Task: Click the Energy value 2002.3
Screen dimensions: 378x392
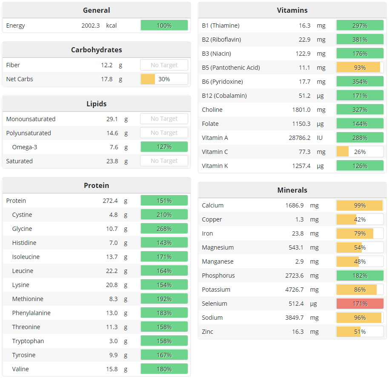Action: [91, 26]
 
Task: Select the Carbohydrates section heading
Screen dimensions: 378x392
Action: [96, 50]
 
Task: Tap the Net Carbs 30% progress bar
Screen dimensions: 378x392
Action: [164, 79]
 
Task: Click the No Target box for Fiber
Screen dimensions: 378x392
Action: [164, 65]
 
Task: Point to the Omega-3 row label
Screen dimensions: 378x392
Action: [24, 147]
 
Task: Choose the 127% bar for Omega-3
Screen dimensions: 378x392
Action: [164, 147]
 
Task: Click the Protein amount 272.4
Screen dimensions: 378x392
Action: [110, 201]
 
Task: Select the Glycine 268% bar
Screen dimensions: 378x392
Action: [164, 229]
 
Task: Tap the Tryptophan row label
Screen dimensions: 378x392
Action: [28, 341]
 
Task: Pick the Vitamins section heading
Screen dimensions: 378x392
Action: [292, 10]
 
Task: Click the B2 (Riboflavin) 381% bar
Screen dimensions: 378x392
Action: [360, 40]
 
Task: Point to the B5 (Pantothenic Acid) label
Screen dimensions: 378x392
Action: [231, 68]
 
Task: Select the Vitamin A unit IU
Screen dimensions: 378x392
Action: [320, 138]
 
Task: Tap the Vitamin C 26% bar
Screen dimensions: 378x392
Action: [360, 152]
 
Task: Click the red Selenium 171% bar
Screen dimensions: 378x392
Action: [360, 304]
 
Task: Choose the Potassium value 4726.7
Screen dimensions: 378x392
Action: [294, 290]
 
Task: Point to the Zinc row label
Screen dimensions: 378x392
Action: [208, 332]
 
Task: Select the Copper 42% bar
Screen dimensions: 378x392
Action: [360, 219]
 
